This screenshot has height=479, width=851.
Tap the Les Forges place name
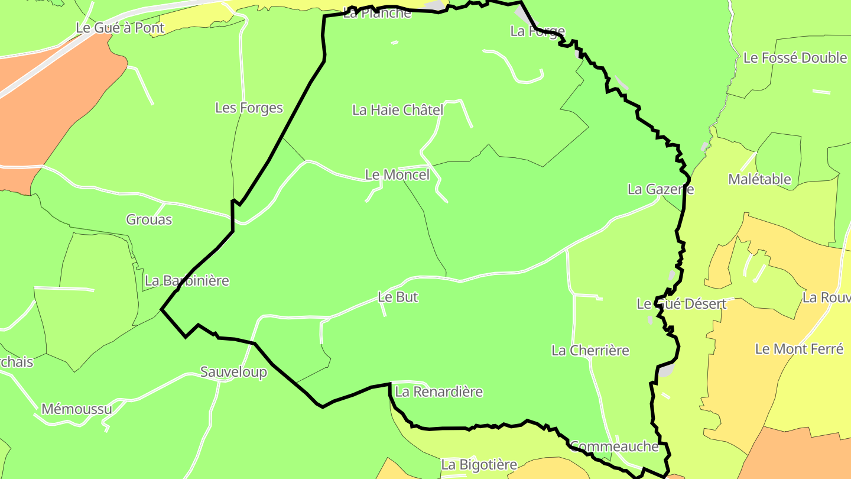tap(249, 108)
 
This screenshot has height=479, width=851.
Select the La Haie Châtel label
tap(397, 110)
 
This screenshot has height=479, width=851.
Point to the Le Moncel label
tap(397, 175)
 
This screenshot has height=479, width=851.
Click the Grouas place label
tap(149, 220)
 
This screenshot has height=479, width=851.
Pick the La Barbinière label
tap(187, 281)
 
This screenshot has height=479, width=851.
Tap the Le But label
tap(398, 297)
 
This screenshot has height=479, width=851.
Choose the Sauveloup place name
tap(233, 373)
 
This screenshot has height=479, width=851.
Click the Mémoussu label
tap(76, 409)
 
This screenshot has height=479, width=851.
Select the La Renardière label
tap(439, 392)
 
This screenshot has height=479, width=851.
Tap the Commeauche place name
tap(614, 446)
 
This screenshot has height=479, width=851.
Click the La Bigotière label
tap(479, 465)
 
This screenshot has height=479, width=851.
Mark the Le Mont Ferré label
tap(799, 349)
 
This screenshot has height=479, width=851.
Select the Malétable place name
tap(759, 179)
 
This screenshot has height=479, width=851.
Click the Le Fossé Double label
tap(795, 58)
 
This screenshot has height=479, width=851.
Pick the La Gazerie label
tap(660, 190)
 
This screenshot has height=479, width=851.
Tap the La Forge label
tap(537, 31)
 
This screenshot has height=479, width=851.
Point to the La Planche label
tap(376, 13)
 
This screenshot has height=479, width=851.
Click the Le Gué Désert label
tap(681, 305)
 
